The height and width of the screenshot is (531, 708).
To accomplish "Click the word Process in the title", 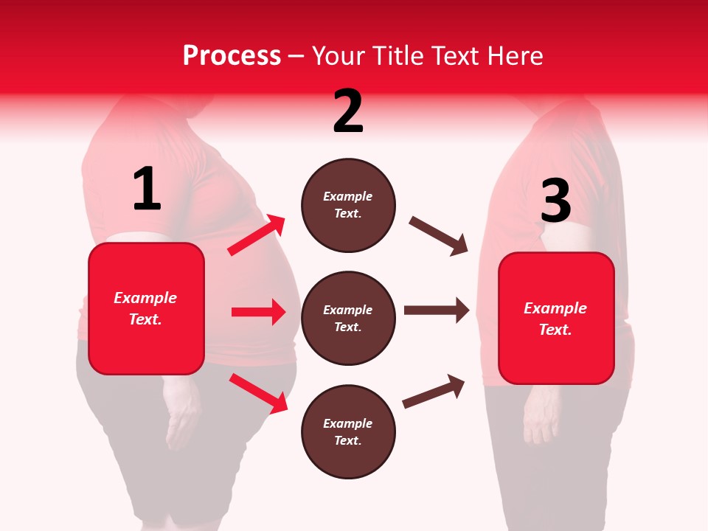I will (232, 56).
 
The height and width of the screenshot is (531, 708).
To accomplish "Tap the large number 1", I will (147, 190).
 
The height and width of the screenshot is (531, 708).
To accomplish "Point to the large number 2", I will (348, 111).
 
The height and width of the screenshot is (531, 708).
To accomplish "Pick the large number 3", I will (555, 201).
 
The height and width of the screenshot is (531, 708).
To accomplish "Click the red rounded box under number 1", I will (146, 308).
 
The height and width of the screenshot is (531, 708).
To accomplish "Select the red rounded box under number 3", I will (556, 318).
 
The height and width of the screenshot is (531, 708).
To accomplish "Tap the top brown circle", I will (348, 205).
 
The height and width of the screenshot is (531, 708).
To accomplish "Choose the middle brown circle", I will (348, 318).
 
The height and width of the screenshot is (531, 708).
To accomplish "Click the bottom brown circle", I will (348, 431).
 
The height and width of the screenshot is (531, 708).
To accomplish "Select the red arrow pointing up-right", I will (257, 235).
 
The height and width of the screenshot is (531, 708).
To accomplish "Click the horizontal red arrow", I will (258, 312).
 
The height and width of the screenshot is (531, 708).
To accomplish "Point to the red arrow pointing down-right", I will (258, 392).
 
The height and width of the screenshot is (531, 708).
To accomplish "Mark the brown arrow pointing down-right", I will (439, 236).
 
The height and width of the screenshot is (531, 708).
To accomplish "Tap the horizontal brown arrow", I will (437, 310).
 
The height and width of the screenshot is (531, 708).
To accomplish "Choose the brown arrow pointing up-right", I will (434, 391).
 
